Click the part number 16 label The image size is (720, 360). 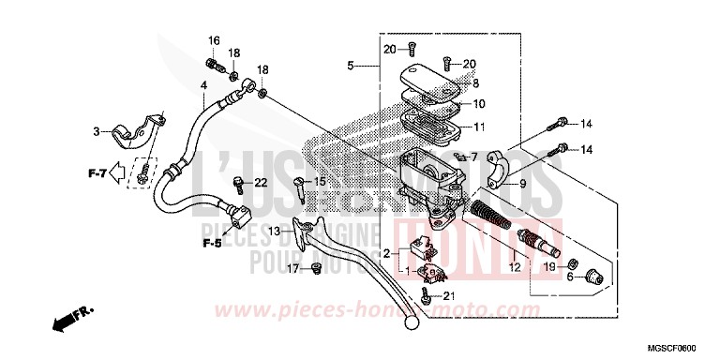[x=214, y=40]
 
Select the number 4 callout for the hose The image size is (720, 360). [x=203, y=85]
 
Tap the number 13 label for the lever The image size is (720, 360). [x=274, y=231]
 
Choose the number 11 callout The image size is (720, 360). [x=478, y=127]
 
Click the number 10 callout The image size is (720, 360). [x=478, y=104]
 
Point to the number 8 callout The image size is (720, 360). [x=475, y=83]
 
